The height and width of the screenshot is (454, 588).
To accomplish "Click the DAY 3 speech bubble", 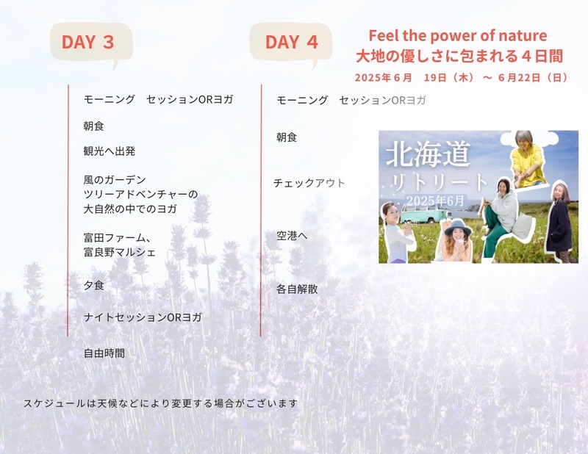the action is point(91,41).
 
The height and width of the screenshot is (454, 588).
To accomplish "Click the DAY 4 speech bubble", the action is point(291,41).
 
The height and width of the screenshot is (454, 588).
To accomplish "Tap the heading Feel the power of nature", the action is point(458,35).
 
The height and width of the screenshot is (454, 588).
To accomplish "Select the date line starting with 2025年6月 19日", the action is point(462,78).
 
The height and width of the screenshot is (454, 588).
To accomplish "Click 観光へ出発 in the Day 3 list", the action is point(109,151).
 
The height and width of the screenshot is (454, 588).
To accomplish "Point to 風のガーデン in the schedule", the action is point(115,180).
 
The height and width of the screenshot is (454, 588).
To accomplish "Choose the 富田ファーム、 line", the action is point(118,238).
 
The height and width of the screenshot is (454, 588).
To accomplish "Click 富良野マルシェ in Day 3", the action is point(119,252).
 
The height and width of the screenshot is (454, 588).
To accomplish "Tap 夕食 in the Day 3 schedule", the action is point(93,285).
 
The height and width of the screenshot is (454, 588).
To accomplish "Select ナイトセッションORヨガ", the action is point(143,317).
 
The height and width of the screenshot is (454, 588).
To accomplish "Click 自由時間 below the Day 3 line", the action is point(104,353).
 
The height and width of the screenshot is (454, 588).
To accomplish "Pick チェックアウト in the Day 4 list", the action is point(309,183).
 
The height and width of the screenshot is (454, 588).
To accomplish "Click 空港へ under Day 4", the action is point(292,236).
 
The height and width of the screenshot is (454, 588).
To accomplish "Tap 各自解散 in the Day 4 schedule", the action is point(297,289).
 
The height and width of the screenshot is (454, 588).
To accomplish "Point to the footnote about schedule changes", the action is point(160,403).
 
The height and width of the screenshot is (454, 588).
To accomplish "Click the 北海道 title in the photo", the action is point(428,154).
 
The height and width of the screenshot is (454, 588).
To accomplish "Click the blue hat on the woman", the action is point(456,228).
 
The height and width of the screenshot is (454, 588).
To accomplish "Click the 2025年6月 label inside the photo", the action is point(435,201).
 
